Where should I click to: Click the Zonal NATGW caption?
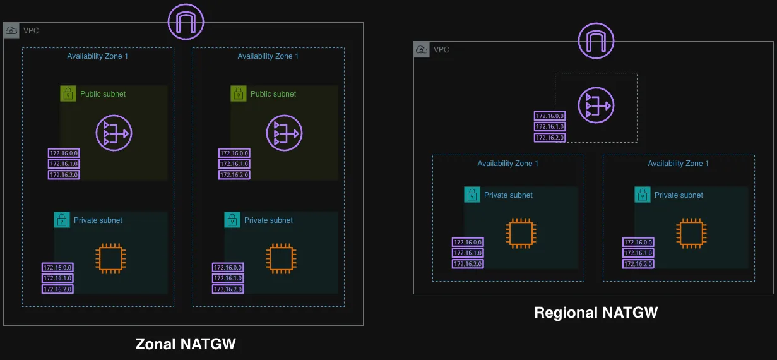coord(186,344)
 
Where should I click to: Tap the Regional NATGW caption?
coord(596,313)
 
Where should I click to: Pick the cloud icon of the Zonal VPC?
coord(11,30)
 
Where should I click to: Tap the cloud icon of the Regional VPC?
coord(422,49)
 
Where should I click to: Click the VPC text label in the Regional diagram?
coord(442,49)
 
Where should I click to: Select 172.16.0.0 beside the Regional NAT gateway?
coord(550,116)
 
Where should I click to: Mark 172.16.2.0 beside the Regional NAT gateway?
coord(550,138)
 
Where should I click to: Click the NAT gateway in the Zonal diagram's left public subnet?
coord(114,133)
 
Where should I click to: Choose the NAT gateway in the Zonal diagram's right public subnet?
coord(284,133)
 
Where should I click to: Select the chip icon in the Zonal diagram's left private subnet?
coord(110,259)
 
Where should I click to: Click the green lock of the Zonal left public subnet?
coord(68,93)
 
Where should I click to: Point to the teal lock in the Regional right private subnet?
coord(643,195)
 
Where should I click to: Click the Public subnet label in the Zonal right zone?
coord(273,94)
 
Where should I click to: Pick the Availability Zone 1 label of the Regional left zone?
coord(508,164)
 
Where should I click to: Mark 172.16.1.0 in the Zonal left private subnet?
coord(57,278)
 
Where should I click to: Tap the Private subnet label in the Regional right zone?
coord(679,195)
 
